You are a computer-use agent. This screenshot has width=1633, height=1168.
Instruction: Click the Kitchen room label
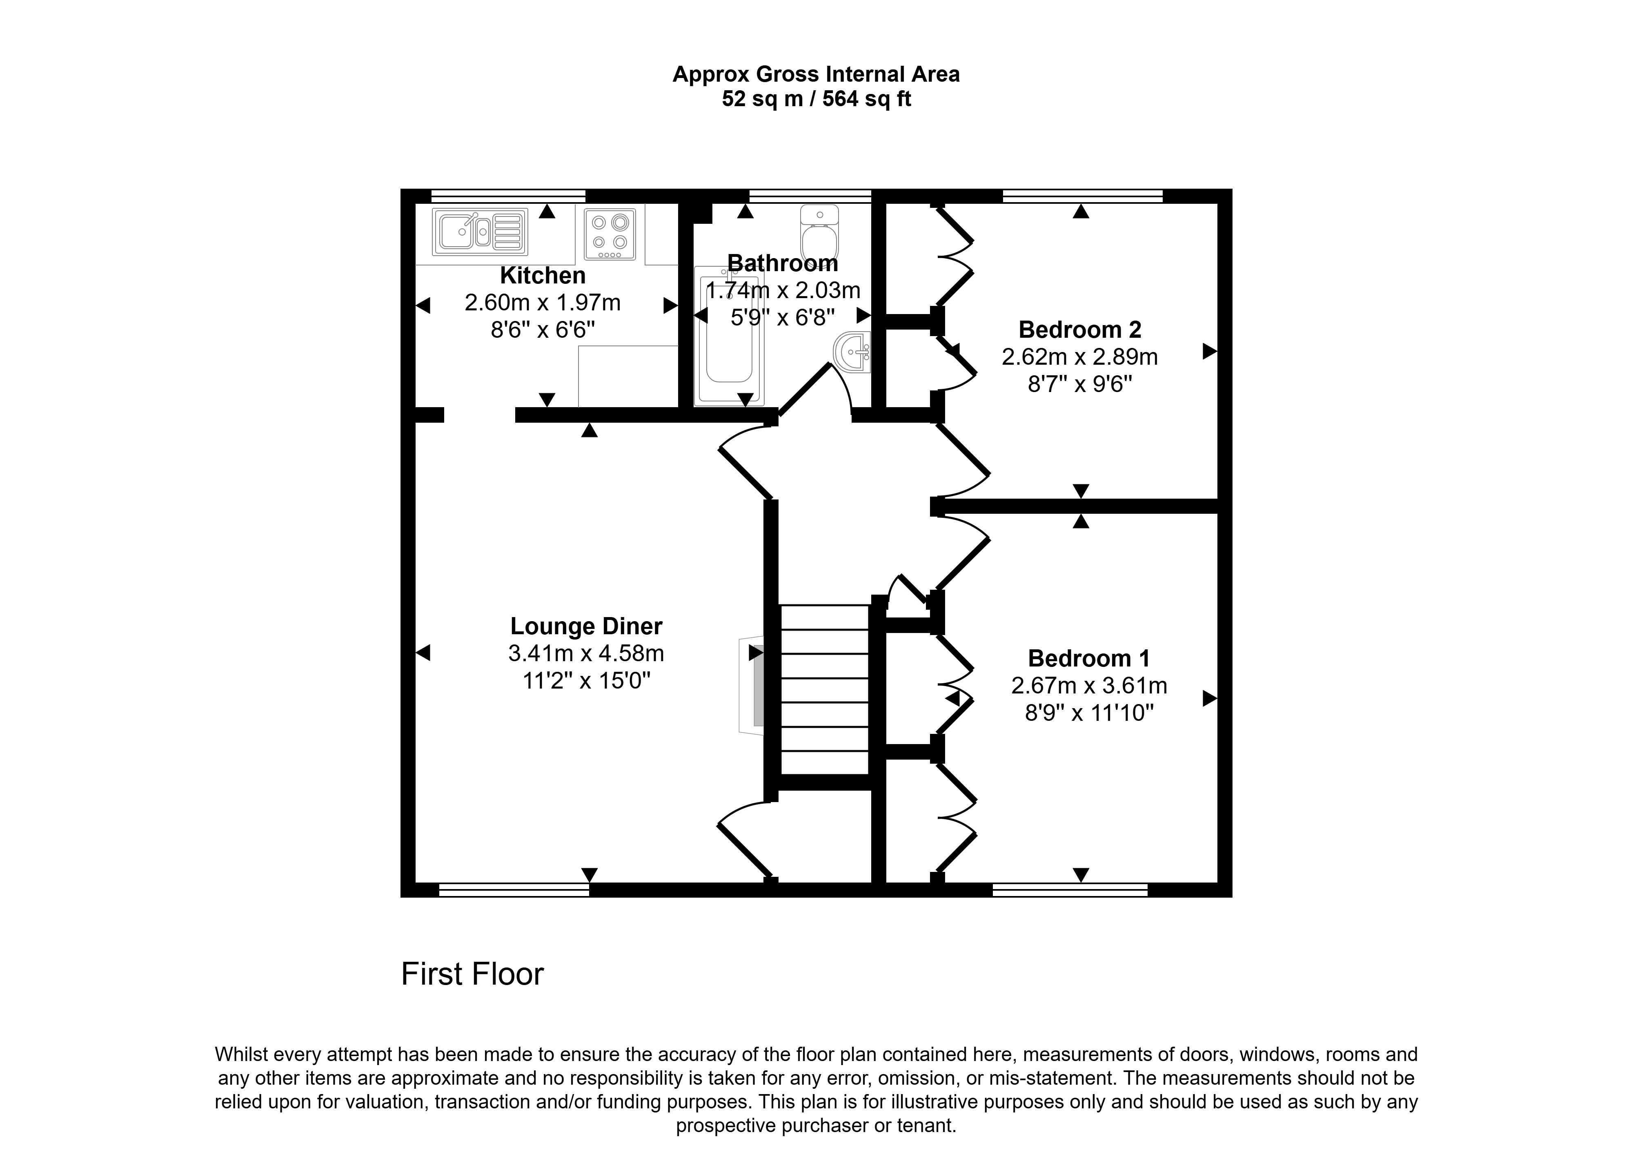[543, 275]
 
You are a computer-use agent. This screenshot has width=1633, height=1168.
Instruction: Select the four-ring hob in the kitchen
[610, 234]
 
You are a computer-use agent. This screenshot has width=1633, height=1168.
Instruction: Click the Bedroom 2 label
[1079, 330]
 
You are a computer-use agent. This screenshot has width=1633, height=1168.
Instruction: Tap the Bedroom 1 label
[1089, 658]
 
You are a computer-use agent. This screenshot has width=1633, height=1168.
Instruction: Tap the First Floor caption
[472, 974]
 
